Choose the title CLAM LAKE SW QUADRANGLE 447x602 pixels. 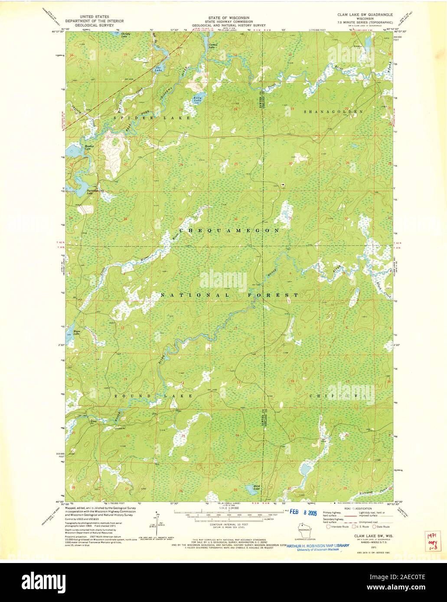point(365,14)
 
